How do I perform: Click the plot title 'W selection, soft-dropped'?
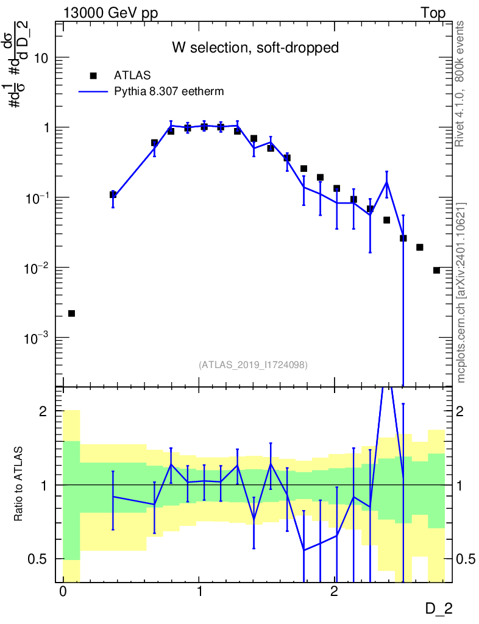tap(255, 48)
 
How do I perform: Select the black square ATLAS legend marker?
tap(93, 76)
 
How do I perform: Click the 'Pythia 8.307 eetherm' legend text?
tap(169, 91)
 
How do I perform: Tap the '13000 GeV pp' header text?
tap(110, 13)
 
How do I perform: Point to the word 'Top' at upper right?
tap(433, 13)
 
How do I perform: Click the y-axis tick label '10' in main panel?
tap(41, 58)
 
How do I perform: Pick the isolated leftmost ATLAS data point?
tap(72, 314)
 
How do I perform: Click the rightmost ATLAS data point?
tap(436, 271)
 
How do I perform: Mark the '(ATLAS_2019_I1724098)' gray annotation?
tap(253, 365)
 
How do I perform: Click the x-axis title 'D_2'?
tap(439, 609)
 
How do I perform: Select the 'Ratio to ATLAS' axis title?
tap(18, 484)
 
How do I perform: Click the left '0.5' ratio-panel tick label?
tap(37, 559)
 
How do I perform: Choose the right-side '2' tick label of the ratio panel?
tap(460, 411)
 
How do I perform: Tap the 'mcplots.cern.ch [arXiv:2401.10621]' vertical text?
tap(461, 293)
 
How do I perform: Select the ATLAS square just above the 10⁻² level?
tap(420, 247)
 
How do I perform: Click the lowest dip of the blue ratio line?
tap(304, 550)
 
